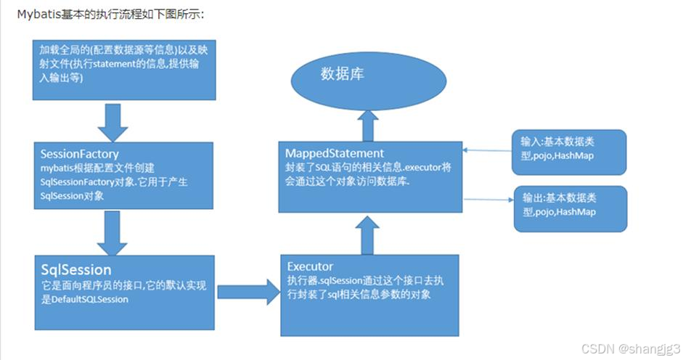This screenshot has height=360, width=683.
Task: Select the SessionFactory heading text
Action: click(80, 154)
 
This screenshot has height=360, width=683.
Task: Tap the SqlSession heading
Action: click(76, 270)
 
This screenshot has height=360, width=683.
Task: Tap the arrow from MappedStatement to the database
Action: click(368, 128)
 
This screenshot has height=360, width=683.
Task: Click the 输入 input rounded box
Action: click(568, 152)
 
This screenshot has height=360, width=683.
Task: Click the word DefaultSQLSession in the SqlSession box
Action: click(89, 299)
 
